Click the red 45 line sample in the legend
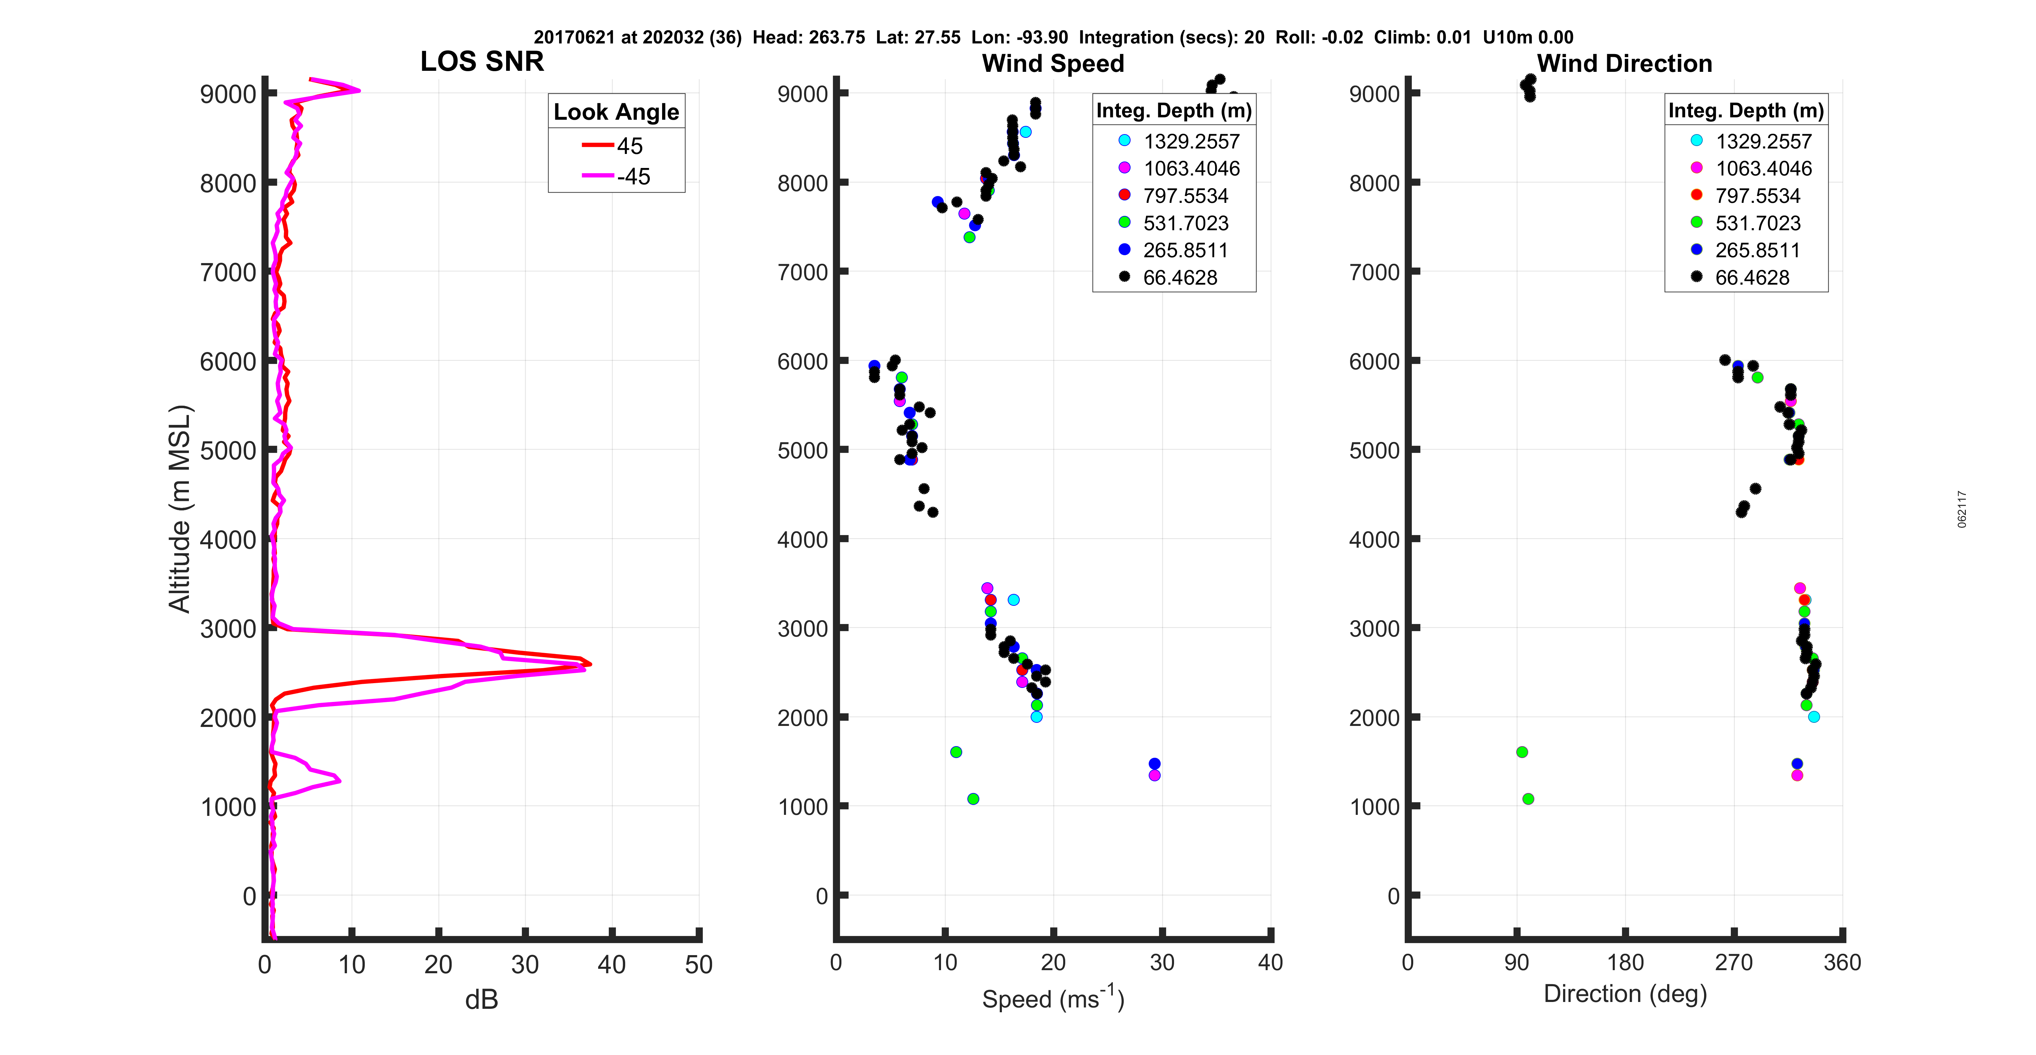click(597, 145)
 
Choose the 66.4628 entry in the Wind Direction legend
click(1751, 277)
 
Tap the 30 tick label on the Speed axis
click(1161, 963)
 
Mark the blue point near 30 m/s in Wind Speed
click(1154, 764)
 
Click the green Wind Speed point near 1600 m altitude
click(956, 752)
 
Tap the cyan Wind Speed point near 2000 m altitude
click(1036, 717)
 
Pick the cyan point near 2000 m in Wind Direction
click(1814, 717)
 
